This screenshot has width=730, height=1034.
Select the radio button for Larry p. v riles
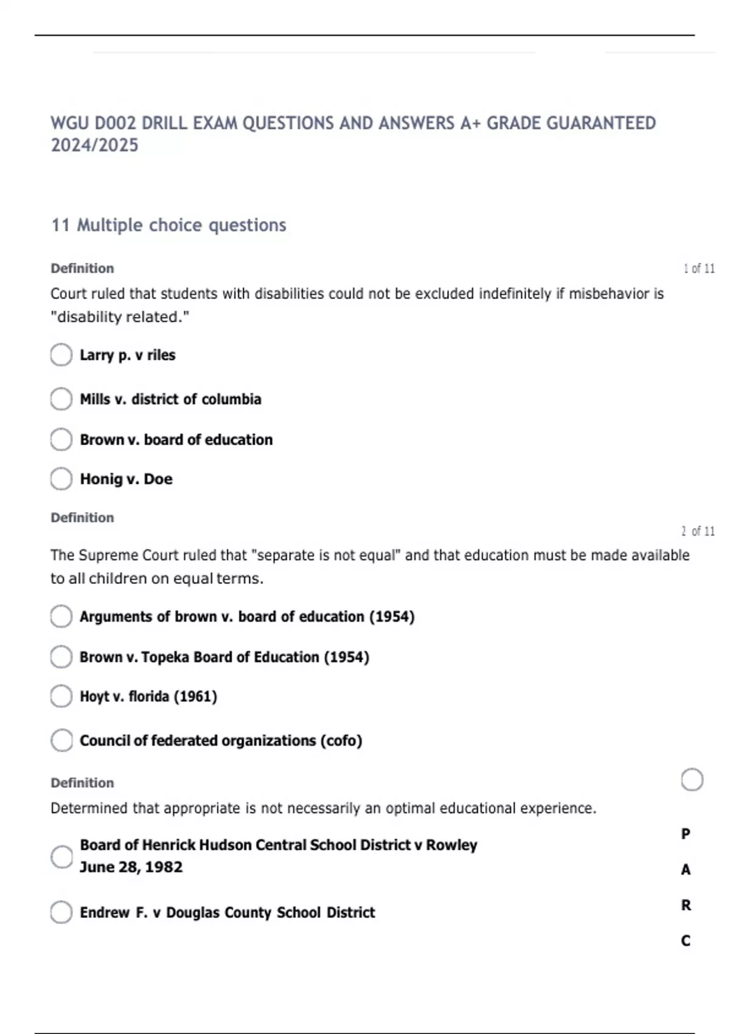(61, 355)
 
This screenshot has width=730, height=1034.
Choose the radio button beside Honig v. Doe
(61, 479)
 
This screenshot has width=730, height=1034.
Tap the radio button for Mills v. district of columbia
(61, 399)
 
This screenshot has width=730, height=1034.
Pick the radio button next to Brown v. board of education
(61, 439)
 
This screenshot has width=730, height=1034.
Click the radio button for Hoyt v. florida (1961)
(61, 696)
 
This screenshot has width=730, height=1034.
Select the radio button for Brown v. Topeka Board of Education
(61, 657)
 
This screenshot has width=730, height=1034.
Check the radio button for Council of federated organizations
(61, 740)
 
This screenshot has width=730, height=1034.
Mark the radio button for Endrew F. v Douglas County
(61, 912)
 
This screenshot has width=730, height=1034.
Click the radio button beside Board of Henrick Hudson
(61, 856)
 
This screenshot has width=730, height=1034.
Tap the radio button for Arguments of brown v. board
(61, 616)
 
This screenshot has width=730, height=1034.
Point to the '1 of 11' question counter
(698, 268)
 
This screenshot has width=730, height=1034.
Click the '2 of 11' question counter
(697, 531)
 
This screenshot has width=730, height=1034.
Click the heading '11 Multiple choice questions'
(169, 225)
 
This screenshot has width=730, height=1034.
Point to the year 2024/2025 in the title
(94, 145)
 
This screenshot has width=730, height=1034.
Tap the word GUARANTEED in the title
(601, 123)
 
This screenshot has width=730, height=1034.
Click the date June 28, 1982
(131, 867)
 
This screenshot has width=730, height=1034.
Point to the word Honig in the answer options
(101, 479)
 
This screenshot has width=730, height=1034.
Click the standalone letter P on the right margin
(686, 834)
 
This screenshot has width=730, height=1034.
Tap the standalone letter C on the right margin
(686, 941)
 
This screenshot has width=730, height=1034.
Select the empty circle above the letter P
(692, 780)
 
